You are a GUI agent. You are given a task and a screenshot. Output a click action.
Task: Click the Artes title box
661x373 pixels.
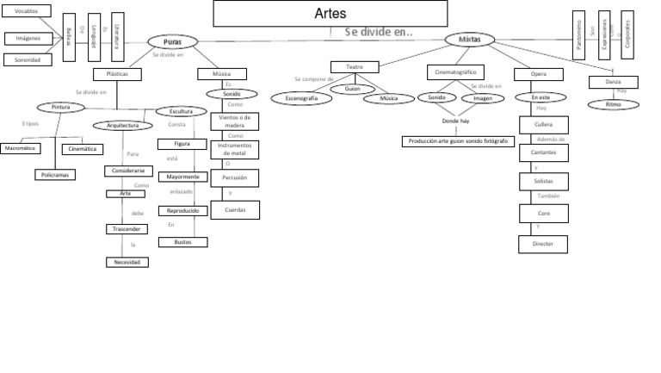click(x=331, y=14)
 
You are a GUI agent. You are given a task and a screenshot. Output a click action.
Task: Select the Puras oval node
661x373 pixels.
click(x=171, y=41)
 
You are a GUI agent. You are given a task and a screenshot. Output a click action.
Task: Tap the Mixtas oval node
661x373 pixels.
click(x=469, y=40)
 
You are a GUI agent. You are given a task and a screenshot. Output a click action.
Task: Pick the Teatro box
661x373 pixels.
click(x=355, y=66)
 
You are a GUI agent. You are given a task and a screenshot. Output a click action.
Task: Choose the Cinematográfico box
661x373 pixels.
click(x=456, y=71)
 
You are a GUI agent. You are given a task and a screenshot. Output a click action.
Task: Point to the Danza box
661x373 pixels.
click(x=613, y=82)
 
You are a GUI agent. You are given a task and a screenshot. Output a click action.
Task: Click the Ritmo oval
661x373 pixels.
click(x=613, y=104)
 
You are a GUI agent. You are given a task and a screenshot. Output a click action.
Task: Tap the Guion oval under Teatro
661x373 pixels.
click(x=351, y=87)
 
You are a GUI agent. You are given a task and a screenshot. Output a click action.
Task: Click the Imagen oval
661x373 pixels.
click(x=482, y=98)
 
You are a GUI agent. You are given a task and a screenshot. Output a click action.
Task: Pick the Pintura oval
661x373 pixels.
click(x=60, y=107)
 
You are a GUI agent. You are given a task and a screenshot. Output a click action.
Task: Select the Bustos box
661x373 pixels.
click(x=182, y=243)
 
